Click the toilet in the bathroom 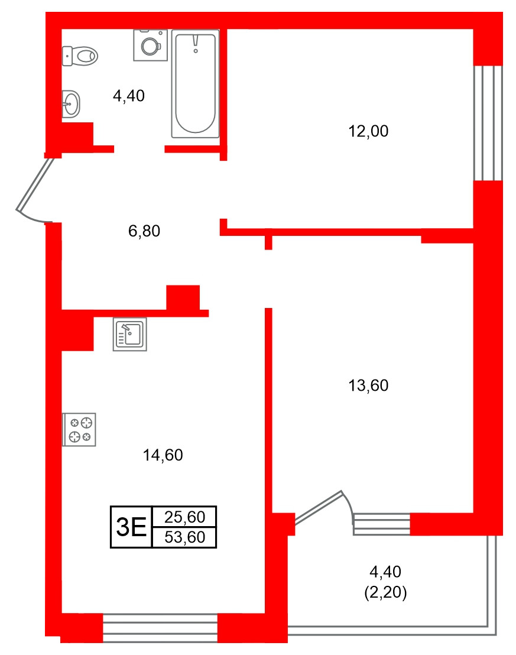click(x=80, y=56)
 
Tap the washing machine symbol click(x=150, y=44)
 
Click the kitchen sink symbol click(x=129, y=335)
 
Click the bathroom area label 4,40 click(x=129, y=95)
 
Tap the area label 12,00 click(x=368, y=131)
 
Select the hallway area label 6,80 click(x=144, y=231)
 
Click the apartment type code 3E click(x=131, y=527)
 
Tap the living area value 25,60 click(x=184, y=518)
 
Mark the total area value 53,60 click(x=184, y=537)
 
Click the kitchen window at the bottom click(x=160, y=628)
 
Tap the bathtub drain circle click(x=195, y=51)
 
